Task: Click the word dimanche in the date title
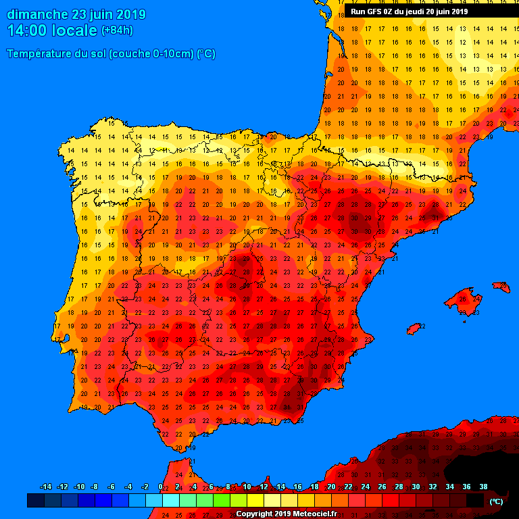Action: coord(37,14)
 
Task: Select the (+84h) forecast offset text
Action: coord(117,30)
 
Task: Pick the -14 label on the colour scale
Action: coord(46,487)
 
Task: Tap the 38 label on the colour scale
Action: coord(483,487)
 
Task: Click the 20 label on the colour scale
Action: coord(331,487)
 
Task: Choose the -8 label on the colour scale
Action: coord(95,487)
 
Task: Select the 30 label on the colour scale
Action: coord(416,487)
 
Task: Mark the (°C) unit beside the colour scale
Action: coord(496,501)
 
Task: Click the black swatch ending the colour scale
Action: coord(475,501)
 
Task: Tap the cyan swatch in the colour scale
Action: coord(171,501)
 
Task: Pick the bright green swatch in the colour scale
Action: coord(222,501)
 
